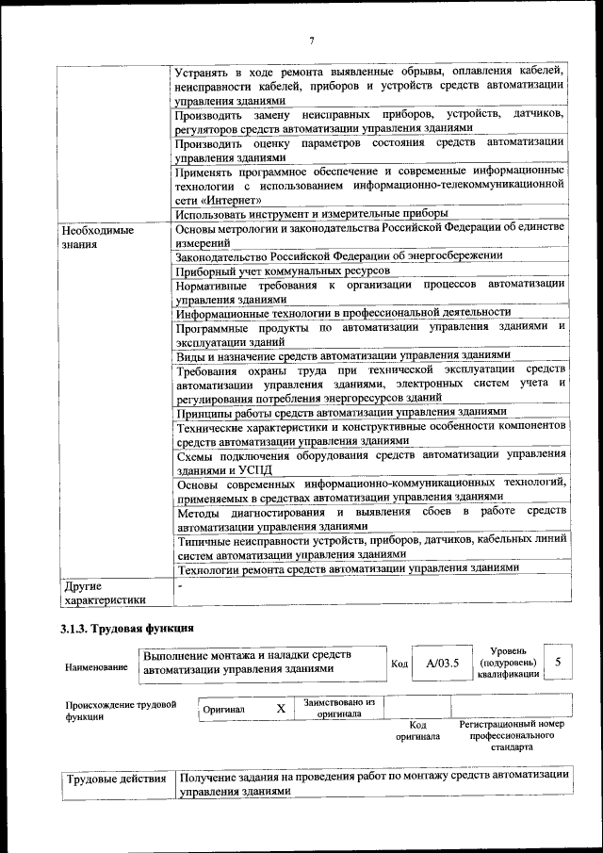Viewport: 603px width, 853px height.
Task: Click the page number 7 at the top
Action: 311,41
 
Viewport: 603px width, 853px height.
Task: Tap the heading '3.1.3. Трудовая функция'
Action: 127,628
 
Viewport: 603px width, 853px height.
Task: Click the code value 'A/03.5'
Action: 442,663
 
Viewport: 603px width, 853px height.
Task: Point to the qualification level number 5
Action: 558,662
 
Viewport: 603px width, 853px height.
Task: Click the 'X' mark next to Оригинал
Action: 281,708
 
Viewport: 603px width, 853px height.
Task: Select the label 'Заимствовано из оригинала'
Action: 338,708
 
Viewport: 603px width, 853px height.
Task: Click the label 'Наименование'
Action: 96,666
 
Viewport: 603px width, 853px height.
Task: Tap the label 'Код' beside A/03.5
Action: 399,664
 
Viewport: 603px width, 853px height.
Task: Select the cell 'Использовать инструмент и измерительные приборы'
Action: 299,214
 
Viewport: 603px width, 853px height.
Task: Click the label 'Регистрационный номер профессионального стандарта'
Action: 512,735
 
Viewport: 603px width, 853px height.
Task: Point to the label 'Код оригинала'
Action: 418,730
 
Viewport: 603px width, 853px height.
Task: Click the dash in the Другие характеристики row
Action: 179,585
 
